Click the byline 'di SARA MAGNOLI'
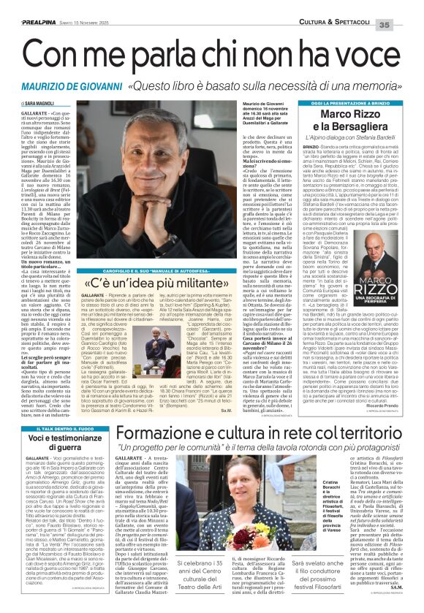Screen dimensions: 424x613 32,105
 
